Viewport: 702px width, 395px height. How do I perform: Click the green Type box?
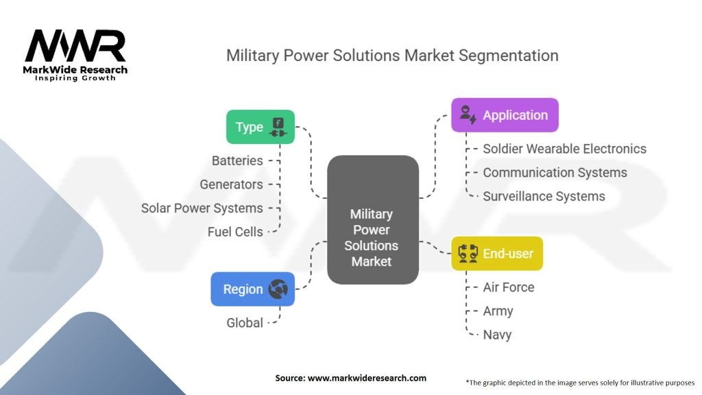click(261, 127)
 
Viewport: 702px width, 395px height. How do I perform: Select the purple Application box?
click(505, 115)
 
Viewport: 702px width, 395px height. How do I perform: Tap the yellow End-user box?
click(496, 254)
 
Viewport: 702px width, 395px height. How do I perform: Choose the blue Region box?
click(252, 289)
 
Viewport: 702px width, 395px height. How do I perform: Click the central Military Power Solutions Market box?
click(372, 219)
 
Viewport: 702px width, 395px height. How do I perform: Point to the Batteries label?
click(237, 160)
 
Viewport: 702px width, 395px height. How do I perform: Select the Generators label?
click(231, 184)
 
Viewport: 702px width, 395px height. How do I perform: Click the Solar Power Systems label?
click(202, 208)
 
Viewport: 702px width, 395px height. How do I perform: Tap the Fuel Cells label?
click(235, 232)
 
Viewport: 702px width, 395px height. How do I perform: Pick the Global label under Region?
click(245, 322)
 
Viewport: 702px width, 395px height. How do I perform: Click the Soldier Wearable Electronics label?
click(564, 149)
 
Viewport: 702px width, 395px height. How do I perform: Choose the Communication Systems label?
click(555, 173)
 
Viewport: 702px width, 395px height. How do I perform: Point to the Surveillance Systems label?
click(544, 196)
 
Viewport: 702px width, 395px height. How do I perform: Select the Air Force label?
click(508, 287)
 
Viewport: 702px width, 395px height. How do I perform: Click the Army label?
click(498, 311)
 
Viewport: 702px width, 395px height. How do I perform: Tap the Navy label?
click(497, 335)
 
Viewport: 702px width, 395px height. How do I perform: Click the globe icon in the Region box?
click(278, 289)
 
